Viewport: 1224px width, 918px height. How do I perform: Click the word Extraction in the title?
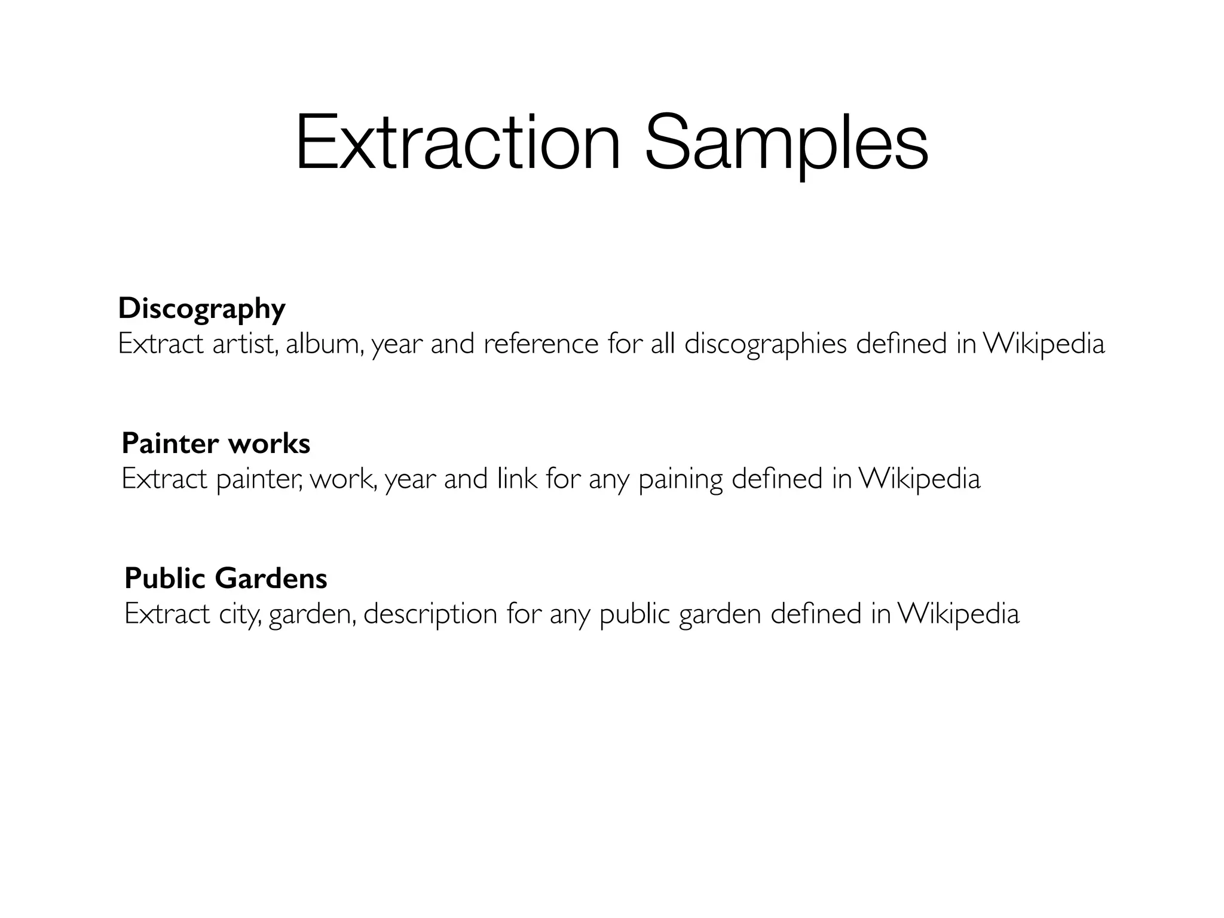(x=458, y=144)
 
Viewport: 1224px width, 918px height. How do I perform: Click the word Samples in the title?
(x=786, y=144)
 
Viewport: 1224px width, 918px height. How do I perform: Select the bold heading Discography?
(x=201, y=309)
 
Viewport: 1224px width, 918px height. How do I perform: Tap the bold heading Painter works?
(x=216, y=443)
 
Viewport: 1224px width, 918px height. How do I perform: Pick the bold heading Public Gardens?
(x=226, y=579)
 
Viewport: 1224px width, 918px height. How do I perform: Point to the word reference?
(x=540, y=344)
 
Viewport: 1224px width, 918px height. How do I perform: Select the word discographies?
(x=765, y=345)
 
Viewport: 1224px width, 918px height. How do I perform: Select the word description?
(x=430, y=614)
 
